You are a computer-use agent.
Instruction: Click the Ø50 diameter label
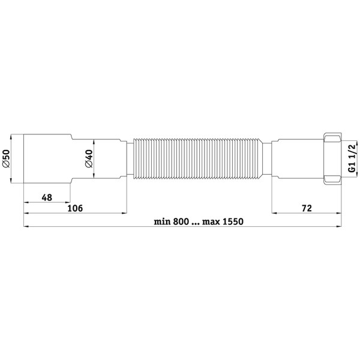coord(6,158)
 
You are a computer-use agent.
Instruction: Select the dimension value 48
coord(47,197)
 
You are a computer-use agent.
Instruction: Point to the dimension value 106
coord(75,208)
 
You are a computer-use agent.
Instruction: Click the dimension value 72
coord(307,208)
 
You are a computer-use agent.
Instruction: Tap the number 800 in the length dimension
coord(181,222)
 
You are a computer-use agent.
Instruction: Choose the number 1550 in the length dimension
coord(234,222)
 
